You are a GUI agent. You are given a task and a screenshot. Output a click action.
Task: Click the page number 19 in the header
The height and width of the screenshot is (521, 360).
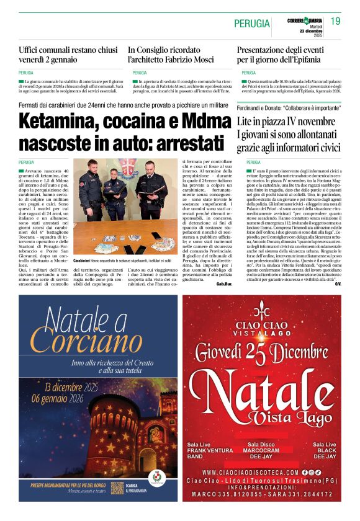[x=335, y=22]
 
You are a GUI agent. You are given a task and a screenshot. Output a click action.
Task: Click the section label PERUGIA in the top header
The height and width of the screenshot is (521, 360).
[x=252, y=24]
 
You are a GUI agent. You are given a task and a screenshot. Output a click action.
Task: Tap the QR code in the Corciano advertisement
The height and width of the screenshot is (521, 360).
[x=117, y=488]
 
